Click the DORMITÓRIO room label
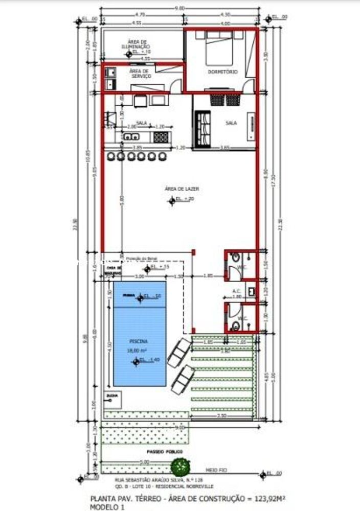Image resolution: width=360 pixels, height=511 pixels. click(222, 72)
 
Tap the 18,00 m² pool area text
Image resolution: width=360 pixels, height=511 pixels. click(137, 350)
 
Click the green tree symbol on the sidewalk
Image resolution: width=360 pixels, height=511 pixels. click(179, 466)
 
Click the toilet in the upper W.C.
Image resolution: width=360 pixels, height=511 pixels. click(234, 259)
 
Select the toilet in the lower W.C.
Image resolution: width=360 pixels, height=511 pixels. click(235, 325)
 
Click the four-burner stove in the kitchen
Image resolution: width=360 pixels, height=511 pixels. click(161, 136)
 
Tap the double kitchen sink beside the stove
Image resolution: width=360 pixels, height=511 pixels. click(130, 136)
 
